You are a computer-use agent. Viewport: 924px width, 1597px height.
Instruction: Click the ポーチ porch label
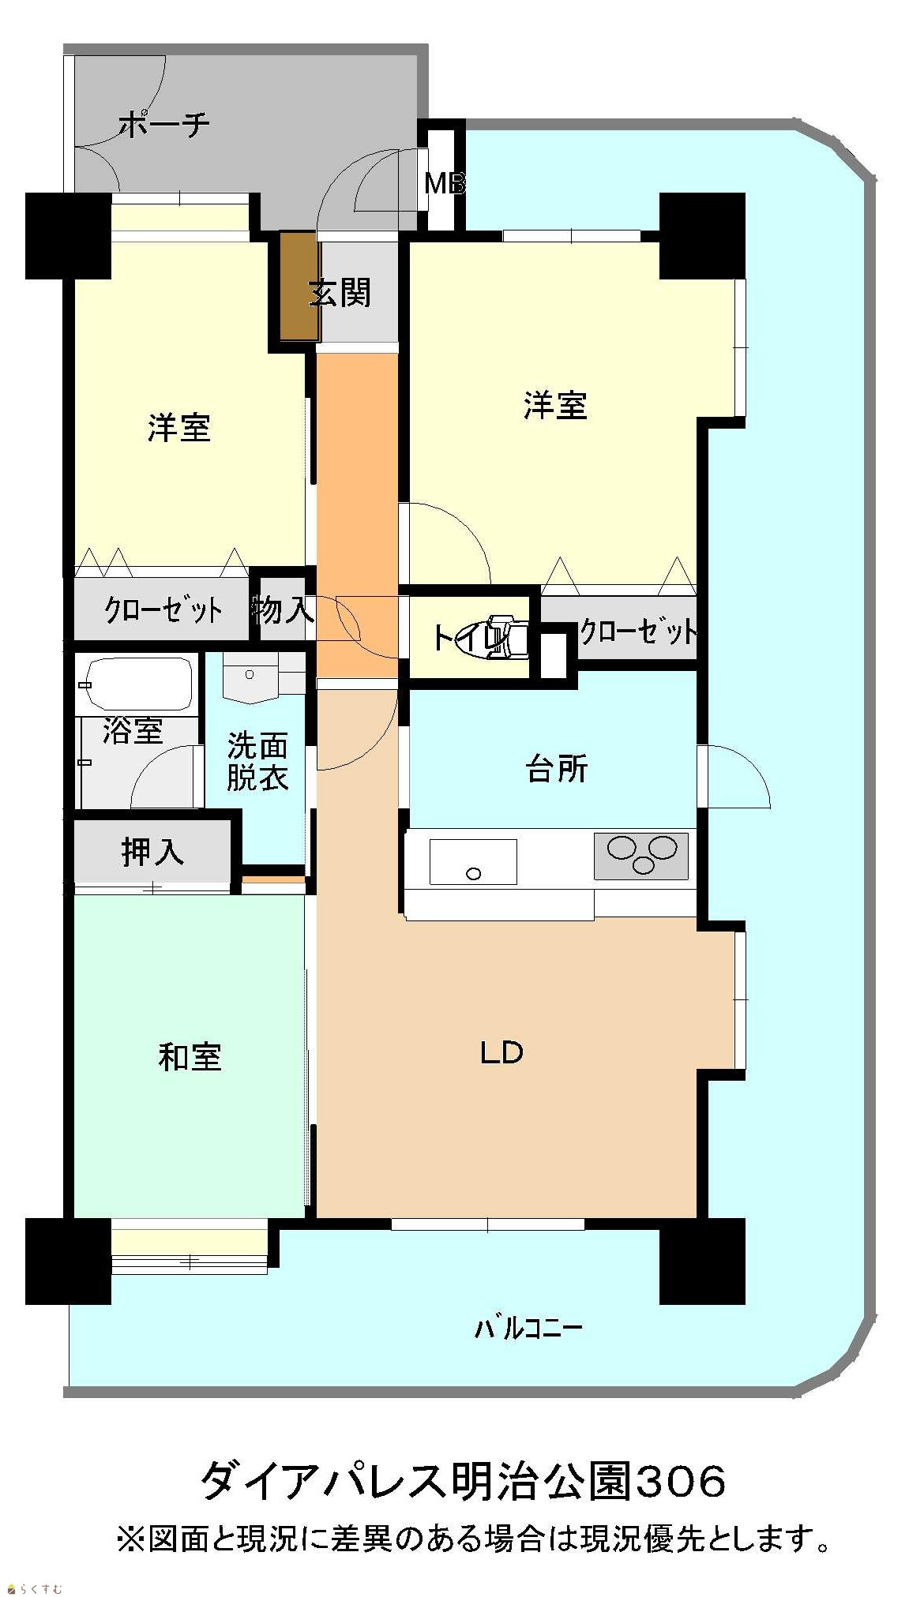164,125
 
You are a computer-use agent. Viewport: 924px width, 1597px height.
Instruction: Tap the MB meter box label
445,184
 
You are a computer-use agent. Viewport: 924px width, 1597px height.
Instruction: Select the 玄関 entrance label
340,293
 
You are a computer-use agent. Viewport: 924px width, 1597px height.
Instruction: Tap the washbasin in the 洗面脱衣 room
252,677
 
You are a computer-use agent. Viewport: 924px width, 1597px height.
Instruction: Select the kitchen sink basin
473,861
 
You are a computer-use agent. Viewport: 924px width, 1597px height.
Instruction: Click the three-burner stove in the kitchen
640,855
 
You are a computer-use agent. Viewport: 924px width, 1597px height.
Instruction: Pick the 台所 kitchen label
557,769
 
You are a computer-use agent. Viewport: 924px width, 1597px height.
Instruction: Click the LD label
502,1052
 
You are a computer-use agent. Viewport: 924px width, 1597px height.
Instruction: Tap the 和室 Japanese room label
190,1057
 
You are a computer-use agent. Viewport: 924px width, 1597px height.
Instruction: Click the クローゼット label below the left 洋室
163,609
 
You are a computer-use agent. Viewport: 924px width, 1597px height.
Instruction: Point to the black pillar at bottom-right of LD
702,1261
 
